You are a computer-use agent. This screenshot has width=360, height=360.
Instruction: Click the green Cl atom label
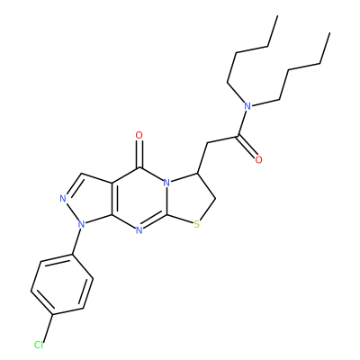coord(39,345)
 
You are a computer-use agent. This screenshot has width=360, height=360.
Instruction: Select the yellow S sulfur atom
coord(196,224)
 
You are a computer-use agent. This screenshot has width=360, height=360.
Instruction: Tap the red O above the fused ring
coord(139,136)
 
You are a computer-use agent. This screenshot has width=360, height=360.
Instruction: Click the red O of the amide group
coord(258,159)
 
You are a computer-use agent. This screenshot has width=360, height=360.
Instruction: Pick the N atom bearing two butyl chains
coord(247,106)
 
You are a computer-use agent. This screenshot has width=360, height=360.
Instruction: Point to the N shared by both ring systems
coord(167,183)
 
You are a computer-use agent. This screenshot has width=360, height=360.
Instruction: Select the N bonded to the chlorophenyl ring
coord(80,223)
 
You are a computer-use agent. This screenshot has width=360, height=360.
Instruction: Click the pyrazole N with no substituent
coord(63,198)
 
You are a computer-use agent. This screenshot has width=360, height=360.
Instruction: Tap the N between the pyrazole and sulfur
coord(139,230)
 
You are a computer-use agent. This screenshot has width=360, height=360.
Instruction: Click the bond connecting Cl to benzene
coord(49,328)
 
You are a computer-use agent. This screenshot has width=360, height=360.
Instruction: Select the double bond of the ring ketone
coord(139,154)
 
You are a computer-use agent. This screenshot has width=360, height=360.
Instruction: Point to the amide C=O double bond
coord(247,146)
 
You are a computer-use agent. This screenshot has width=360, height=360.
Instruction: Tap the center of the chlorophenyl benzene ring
coord(62,284)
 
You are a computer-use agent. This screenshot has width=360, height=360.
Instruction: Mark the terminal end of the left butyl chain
coord(277,16)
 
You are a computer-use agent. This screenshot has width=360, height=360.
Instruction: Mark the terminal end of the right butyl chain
coord(329,32)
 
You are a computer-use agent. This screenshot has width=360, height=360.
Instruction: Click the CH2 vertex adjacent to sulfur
coord(215,198)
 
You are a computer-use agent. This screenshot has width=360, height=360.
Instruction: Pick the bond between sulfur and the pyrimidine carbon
coord(180,220)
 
